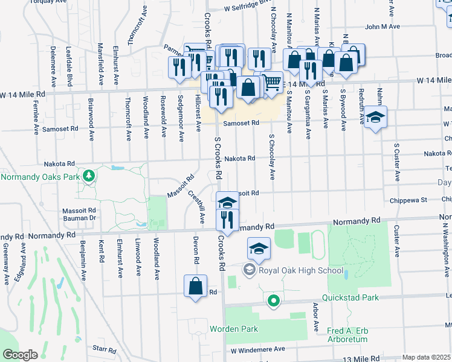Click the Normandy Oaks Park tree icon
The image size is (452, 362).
point(89,176)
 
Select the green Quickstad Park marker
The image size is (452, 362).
point(274,299)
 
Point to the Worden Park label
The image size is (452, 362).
point(234,329)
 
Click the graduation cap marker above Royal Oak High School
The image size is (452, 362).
point(258,249)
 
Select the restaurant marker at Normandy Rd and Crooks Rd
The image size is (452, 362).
point(227,221)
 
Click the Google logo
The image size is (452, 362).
point(20,355)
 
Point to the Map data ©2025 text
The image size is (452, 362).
point(426,357)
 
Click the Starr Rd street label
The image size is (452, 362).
point(104,349)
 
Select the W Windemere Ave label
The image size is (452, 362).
point(257,349)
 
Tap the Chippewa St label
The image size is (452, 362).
point(408,200)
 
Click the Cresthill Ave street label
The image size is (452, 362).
point(201,208)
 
